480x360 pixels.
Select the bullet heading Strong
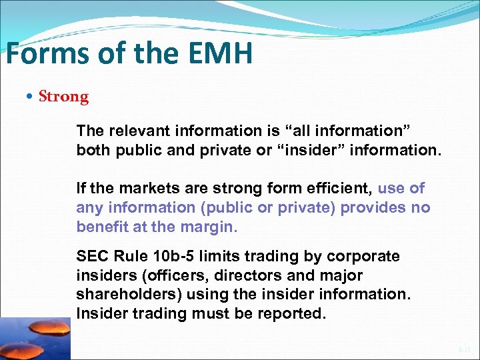tap(63, 97)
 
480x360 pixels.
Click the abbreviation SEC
tap(91, 257)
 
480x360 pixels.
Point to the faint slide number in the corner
tap(464, 349)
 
